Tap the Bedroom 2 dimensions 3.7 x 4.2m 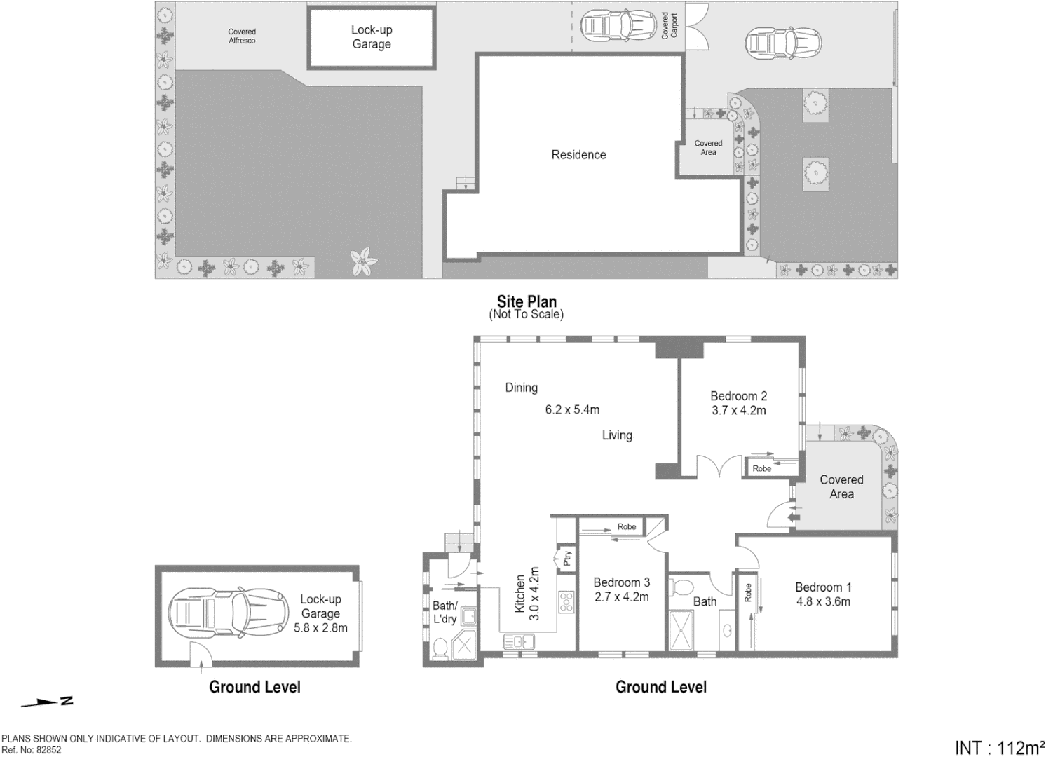pyautogui.click(x=738, y=411)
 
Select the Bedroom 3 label pyautogui.click(x=621, y=582)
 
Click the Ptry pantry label pyautogui.click(x=567, y=558)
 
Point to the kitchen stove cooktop pyautogui.click(x=566, y=601)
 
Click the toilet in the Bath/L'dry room pyautogui.click(x=440, y=649)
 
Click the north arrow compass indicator pyautogui.click(x=48, y=702)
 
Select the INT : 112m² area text pyautogui.click(x=998, y=747)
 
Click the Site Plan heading pyautogui.click(x=527, y=301)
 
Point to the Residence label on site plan pyautogui.click(x=578, y=155)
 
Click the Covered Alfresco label pyautogui.click(x=242, y=36)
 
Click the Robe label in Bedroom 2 pyautogui.click(x=761, y=468)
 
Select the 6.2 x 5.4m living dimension pyautogui.click(x=572, y=409)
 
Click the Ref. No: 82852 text pyautogui.click(x=32, y=749)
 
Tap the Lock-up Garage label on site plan pyautogui.click(x=372, y=37)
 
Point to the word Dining pyautogui.click(x=521, y=388)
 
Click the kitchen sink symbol pyautogui.click(x=518, y=641)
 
